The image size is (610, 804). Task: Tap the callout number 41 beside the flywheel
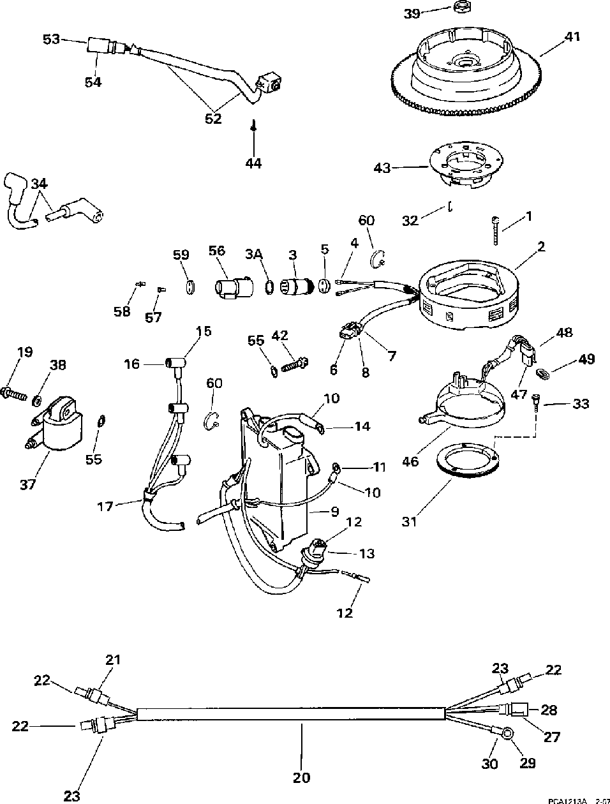coord(572,36)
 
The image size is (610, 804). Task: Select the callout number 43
coord(382,168)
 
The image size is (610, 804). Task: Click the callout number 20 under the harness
coord(301,777)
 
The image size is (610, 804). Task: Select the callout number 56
coord(217,250)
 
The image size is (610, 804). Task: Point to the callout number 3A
coord(255,254)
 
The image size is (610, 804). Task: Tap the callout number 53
coord(51,40)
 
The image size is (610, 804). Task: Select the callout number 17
coord(105,506)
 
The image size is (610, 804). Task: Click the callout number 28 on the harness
coord(549,710)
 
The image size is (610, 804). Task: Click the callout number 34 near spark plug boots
coord(39,184)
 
